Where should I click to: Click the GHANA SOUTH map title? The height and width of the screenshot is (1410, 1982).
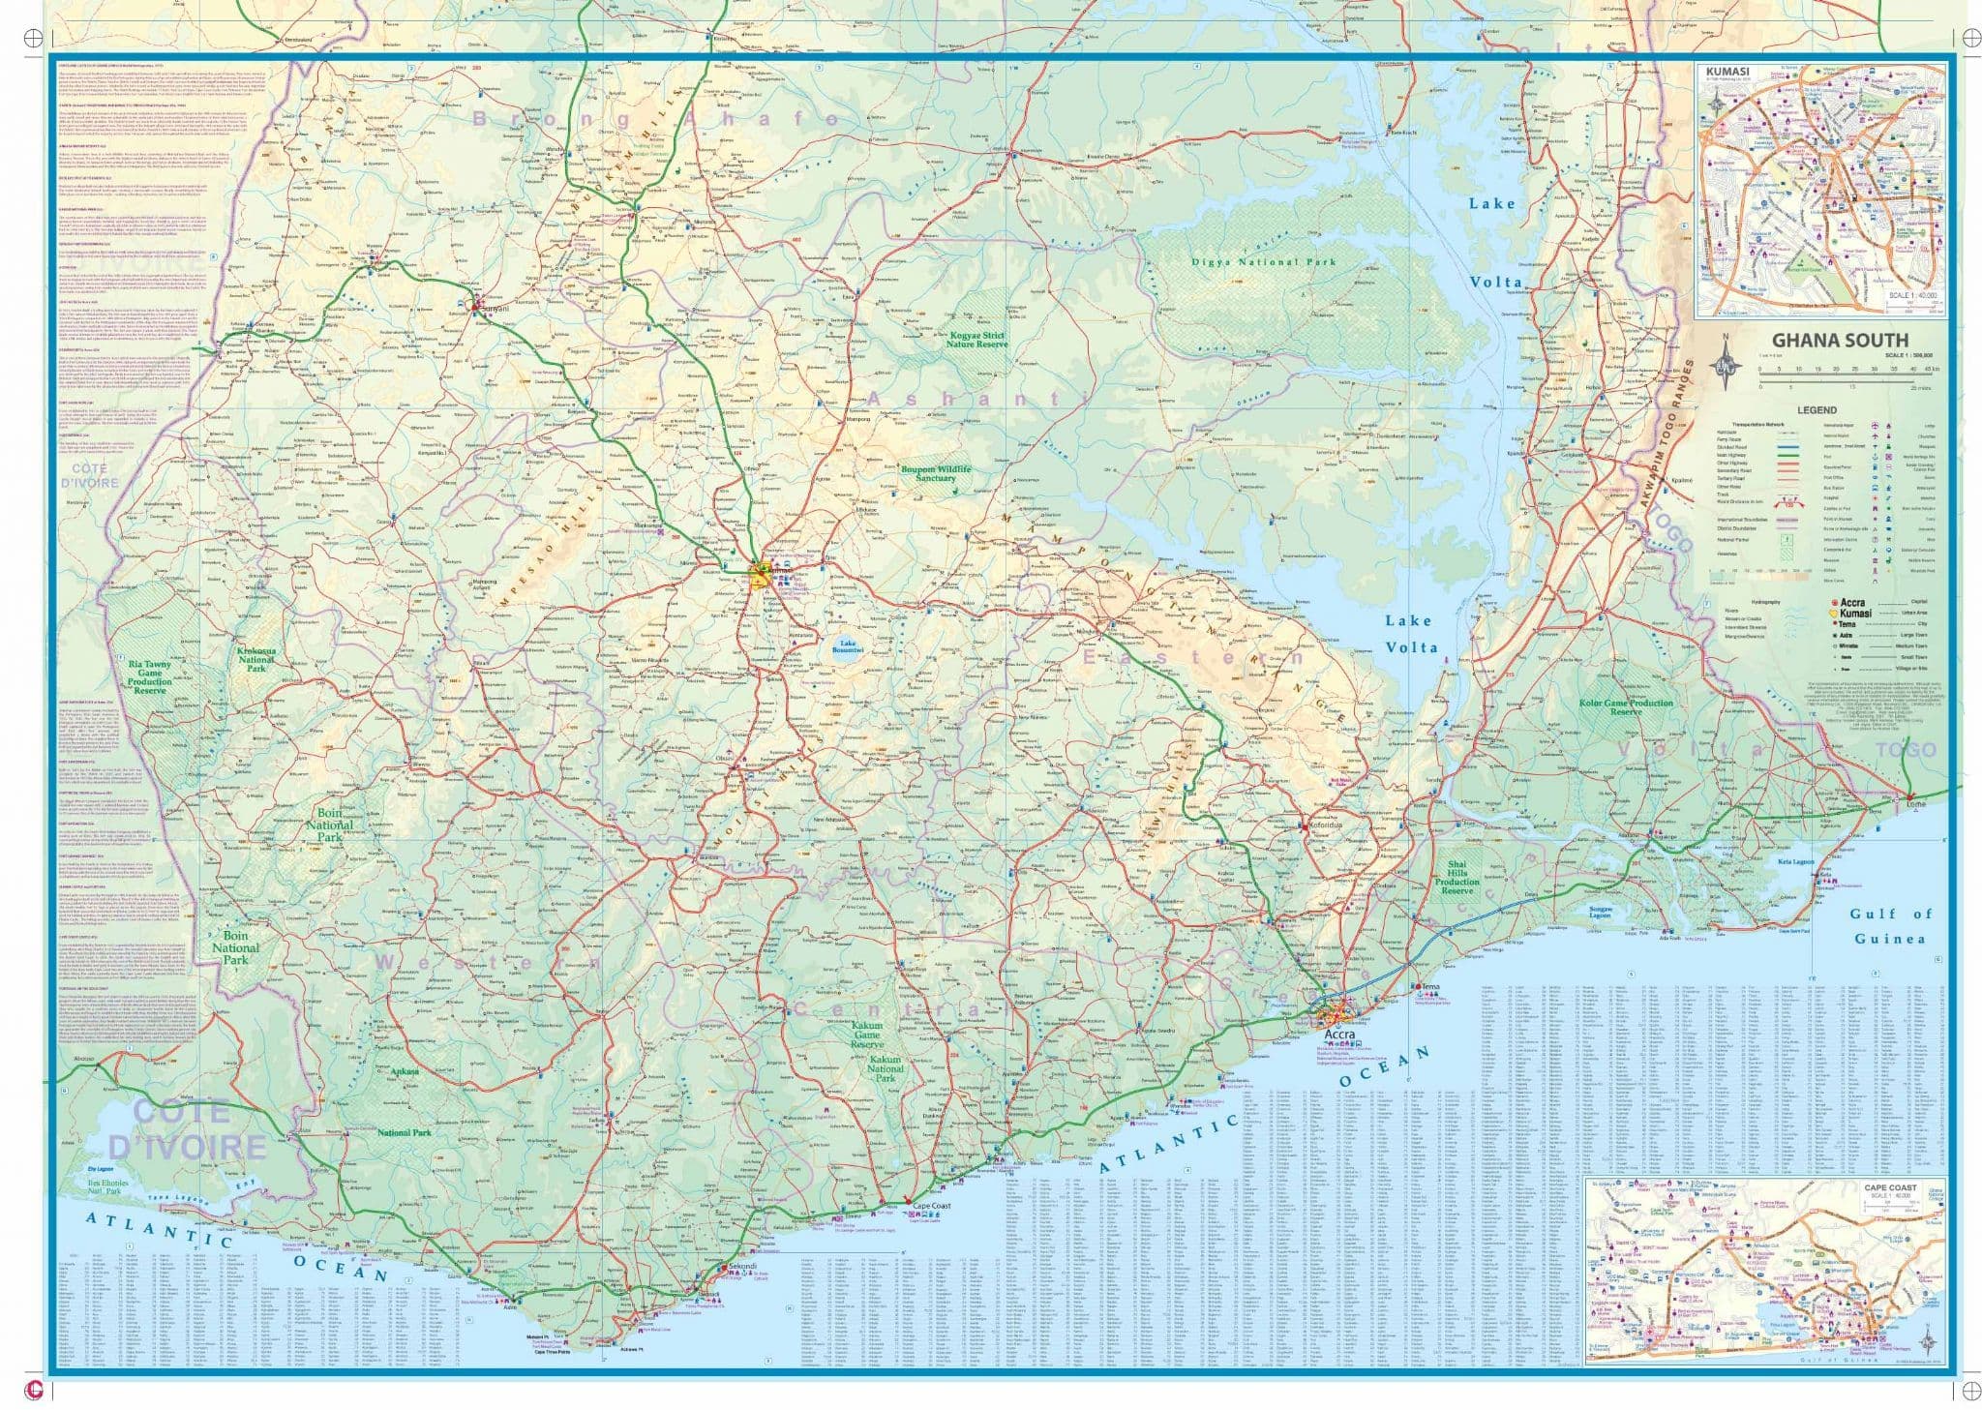coord(1840,340)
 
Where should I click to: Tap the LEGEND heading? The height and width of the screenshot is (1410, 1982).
coord(1817,410)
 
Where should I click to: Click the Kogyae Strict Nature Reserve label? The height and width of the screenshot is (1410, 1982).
coord(976,339)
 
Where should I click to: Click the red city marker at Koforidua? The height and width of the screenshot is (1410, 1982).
coord(1303,825)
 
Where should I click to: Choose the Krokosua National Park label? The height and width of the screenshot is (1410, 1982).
coord(256,659)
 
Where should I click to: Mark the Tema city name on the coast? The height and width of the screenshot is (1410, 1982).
coord(1430,986)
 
